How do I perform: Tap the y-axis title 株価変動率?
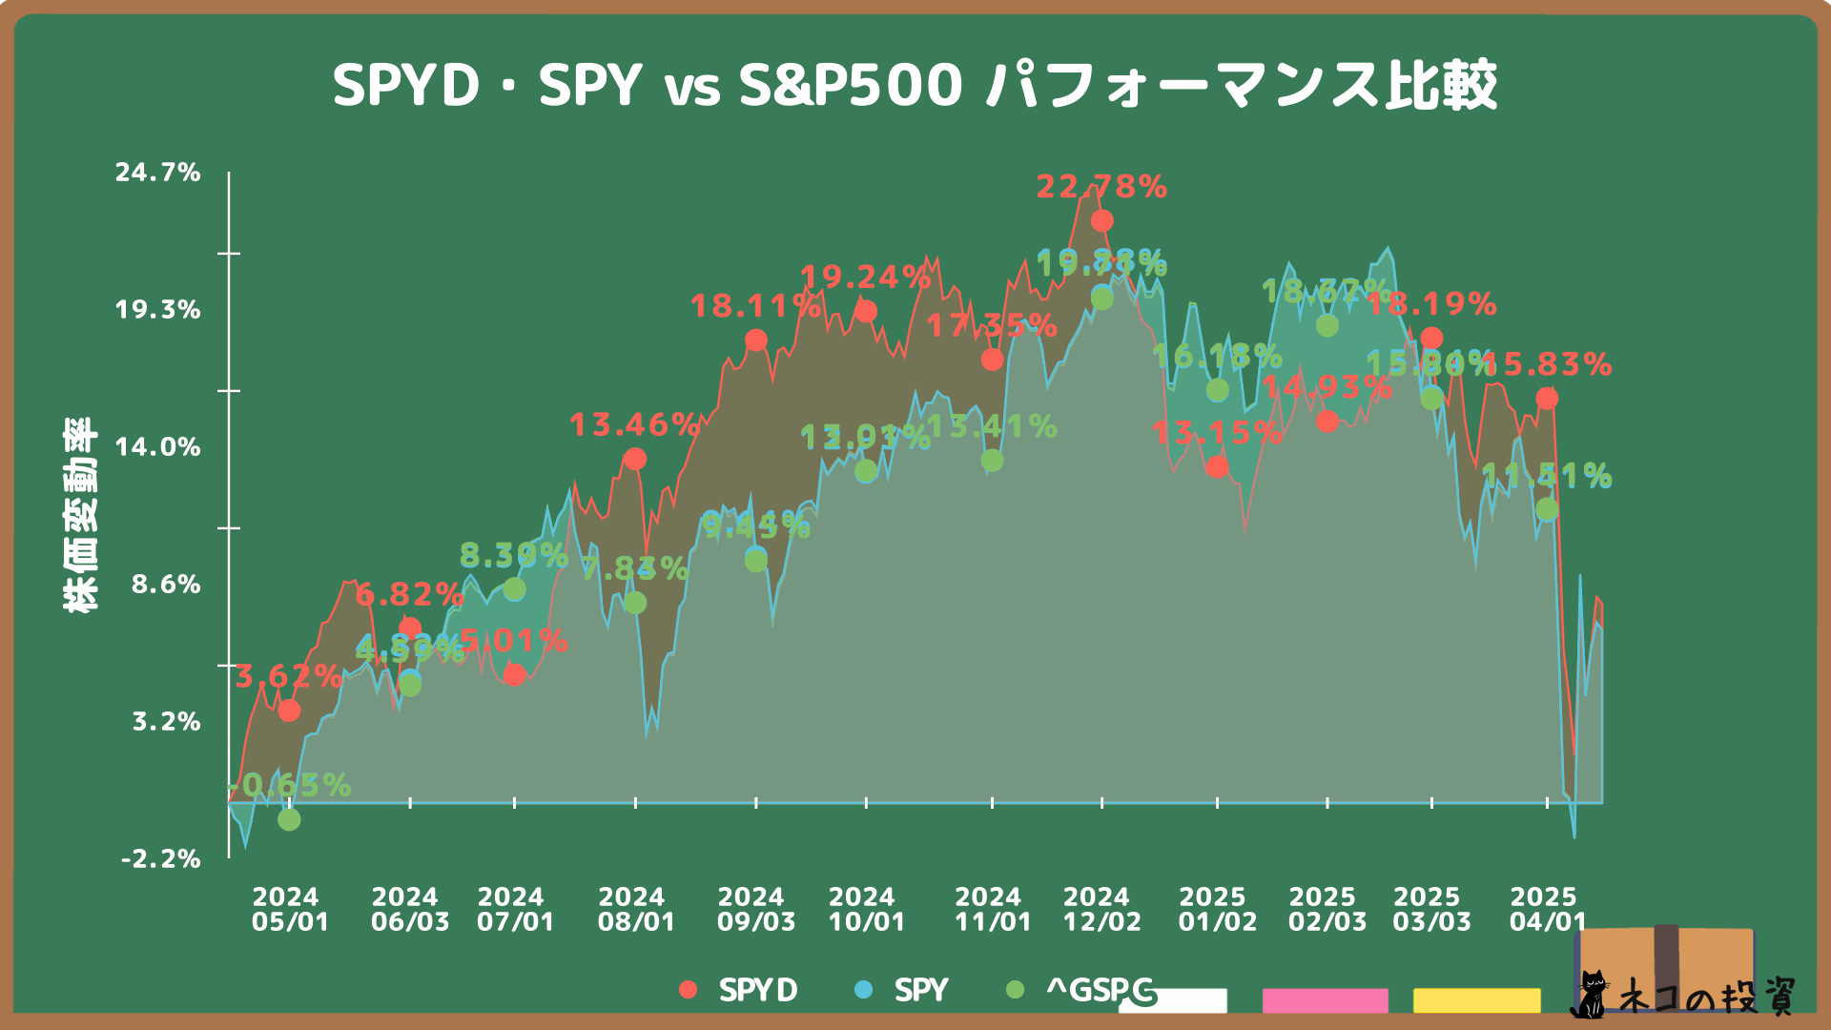[x=81, y=515]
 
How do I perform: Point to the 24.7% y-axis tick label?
[x=158, y=173]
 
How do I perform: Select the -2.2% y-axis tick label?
[x=161, y=859]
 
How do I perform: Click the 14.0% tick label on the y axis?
[x=158, y=447]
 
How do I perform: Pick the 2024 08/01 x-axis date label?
[x=636, y=910]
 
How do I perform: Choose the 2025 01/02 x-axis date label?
[x=1217, y=910]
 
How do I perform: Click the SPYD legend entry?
[x=739, y=991]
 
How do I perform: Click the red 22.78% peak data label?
[x=1101, y=187]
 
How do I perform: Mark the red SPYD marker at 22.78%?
[x=1101, y=221]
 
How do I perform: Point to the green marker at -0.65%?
[x=289, y=819]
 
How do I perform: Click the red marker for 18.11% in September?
[x=755, y=340]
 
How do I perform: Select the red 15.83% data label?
[x=1547, y=364]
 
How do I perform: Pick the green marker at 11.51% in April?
[x=1547, y=510]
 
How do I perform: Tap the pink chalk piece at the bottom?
[x=1325, y=1000]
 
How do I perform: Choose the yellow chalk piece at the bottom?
[x=1476, y=1000]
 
